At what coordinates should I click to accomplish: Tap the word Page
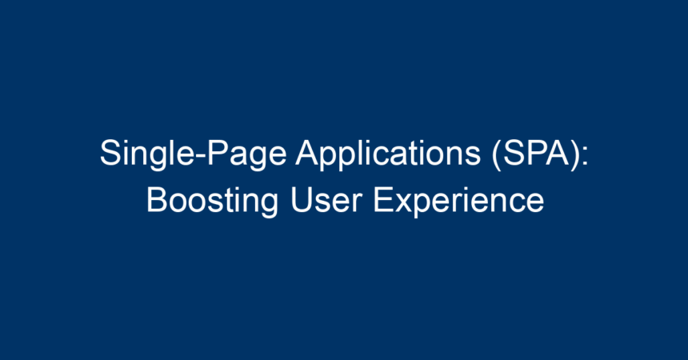pyautogui.click(x=246, y=154)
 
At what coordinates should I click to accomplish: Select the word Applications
pyautogui.click(x=388, y=154)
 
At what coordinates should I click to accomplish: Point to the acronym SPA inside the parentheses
pyautogui.click(x=536, y=153)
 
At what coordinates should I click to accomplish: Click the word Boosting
pyautogui.click(x=212, y=202)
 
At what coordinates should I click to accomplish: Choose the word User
pyautogui.click(x=326, y=200)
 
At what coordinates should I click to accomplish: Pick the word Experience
pyautogui.click(x=458, y=202)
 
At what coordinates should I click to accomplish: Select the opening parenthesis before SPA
pyautogui.click(x=497, y=154)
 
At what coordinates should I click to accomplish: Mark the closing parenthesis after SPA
pyautogui.click(x=574, y=154)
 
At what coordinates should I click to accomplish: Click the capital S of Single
pyautogui.click(x=110, y=153)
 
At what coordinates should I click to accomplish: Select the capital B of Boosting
pyautogui.click(x=157, y=200)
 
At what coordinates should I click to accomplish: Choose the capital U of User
pyautogui.click(x=301, y=200)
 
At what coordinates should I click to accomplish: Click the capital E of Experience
pyautogui.click(x=383, y=200)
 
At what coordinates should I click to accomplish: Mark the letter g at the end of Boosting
pyautogui.click(x=269, y=206)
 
